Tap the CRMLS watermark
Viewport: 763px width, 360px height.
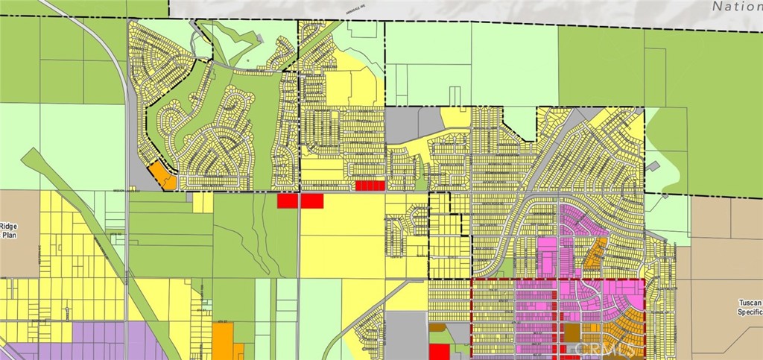[600, 348]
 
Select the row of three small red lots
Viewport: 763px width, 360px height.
[370, 186]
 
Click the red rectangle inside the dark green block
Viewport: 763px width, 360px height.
[288, 200]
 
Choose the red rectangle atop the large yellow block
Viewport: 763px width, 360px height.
[312, 200]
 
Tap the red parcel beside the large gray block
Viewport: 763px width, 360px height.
[440, 352]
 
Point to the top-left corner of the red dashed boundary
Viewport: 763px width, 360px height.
[472, 280]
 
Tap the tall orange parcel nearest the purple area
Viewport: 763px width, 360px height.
[223, 339]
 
